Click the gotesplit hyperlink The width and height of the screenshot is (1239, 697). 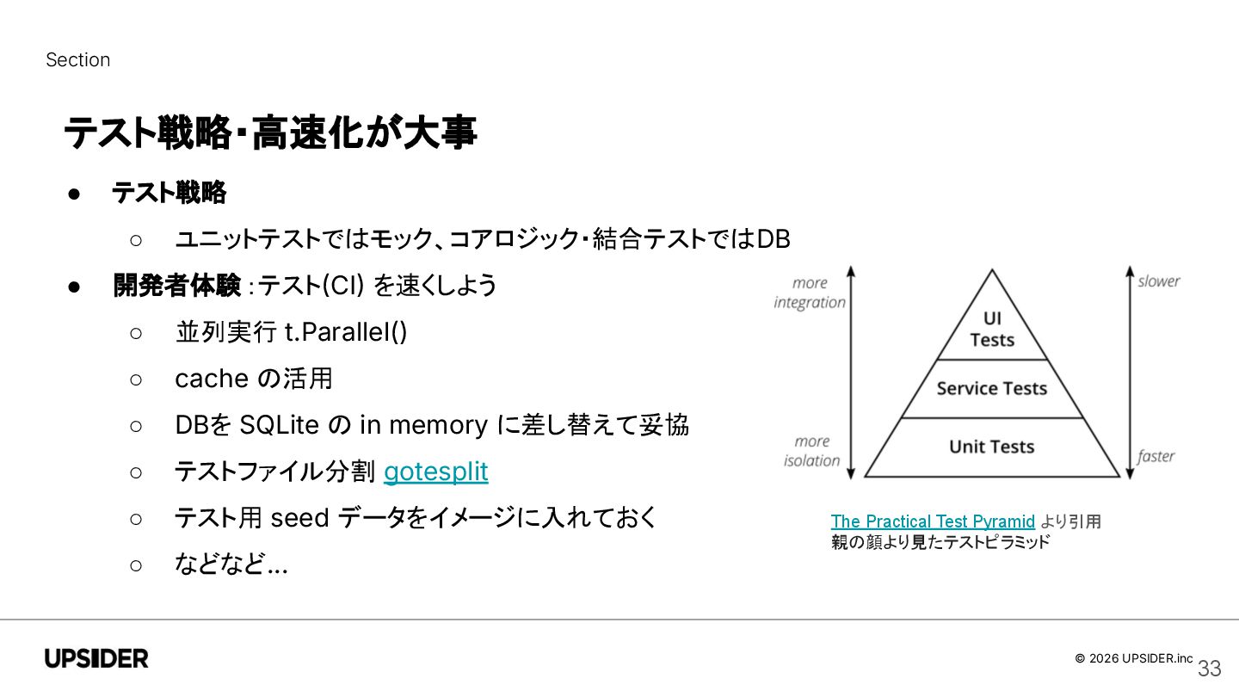(435, 472)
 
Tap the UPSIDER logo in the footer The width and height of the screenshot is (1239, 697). (96, 659)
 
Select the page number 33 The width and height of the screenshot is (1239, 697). (1209, 669)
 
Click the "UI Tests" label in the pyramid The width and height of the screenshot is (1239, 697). (992, 329)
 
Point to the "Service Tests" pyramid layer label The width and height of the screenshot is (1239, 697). (991, 388)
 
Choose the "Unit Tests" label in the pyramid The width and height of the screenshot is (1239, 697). (991, 447)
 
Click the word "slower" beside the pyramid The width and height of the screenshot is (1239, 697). (1158, 281)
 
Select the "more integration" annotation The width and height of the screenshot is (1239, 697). (809, 293)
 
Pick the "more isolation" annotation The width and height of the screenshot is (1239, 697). (811, 451)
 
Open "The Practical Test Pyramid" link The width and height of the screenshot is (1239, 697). (933, 521)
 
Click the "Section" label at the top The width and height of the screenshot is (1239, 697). (77, 60)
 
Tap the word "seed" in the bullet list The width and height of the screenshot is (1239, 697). (300, 518)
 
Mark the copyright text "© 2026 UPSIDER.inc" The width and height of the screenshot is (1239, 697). (1133, 658)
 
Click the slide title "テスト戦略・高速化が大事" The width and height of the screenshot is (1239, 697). (270, 134)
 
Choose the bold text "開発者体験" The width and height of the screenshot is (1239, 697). (176, 286)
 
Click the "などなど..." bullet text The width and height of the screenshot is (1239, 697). (231, 564)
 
